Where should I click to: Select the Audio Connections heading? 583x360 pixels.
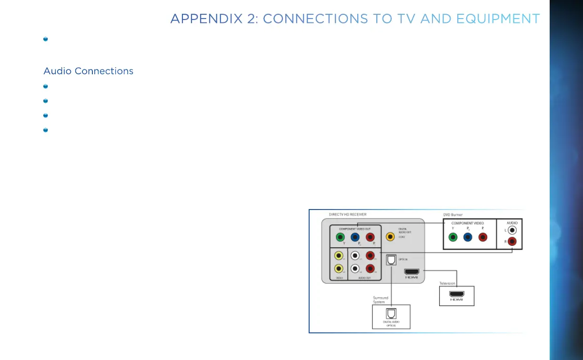88,71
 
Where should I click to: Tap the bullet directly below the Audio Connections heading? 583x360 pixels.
45,86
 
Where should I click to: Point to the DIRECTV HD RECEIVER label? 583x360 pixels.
348,215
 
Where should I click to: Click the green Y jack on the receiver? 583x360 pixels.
341,237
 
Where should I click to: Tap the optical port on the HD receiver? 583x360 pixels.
391,260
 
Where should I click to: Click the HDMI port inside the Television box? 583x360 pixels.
457,295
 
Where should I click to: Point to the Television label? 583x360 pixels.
447,283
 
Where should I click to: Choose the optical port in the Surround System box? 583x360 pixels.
391,314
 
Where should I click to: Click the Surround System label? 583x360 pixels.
380,300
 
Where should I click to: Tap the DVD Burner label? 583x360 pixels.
453,215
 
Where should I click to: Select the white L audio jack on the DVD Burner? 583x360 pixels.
512,230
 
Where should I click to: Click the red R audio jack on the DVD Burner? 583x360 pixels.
512,241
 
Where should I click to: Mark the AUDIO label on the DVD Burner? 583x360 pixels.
512,222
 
